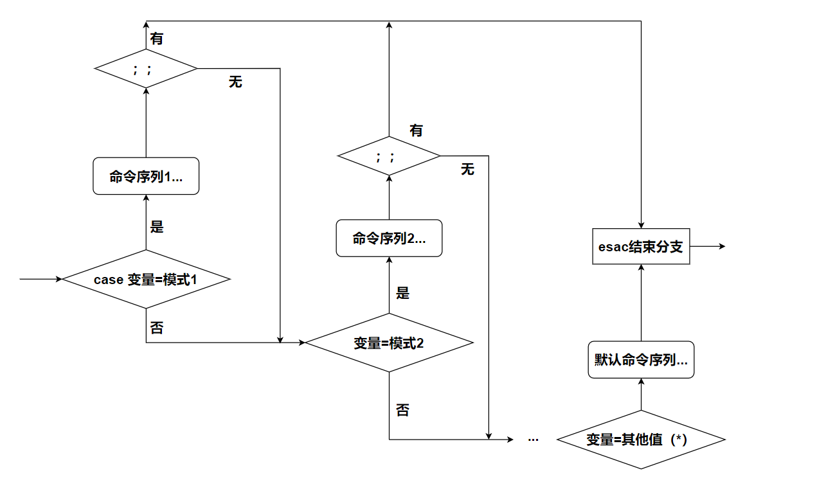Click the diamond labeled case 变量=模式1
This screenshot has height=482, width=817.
pos(146,280)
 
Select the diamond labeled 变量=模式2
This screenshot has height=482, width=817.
pos(389,343)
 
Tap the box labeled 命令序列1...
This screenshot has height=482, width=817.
pos(146,177)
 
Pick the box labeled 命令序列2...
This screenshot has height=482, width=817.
pos(389,238)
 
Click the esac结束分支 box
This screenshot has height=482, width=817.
pos(640,247)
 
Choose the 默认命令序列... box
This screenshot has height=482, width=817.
pos(641,360)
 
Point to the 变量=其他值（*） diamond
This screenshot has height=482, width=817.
pos(640,440)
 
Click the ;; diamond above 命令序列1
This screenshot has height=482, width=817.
pos(145,68)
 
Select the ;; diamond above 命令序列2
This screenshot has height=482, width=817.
pos(389,156)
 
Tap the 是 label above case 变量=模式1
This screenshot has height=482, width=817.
pos(157,227)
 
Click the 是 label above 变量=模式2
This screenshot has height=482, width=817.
pos(402,294)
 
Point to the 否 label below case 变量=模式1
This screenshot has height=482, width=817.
pos(157,328)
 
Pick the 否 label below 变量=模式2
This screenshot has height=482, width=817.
pos(402,411)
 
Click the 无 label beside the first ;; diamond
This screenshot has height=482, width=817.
pos(235,82)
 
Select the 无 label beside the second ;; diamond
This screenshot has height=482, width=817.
pos(467,170)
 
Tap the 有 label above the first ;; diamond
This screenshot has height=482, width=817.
pos(157,39)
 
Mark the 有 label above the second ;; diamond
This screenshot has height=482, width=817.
pos(417,130)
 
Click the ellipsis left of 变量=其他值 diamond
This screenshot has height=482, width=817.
pos(533,439)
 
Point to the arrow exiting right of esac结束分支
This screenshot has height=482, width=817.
pos(707,247)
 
